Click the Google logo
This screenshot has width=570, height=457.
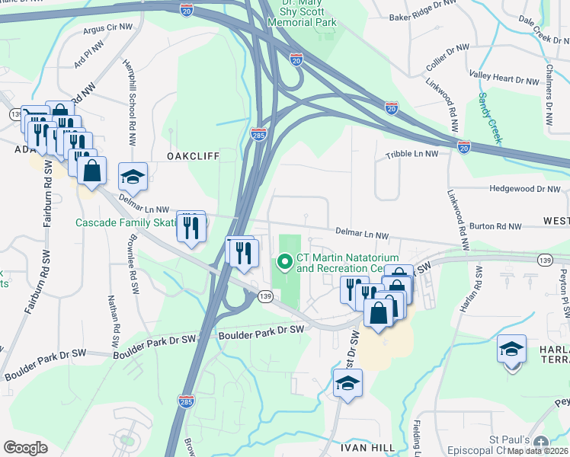(x=26, y=448)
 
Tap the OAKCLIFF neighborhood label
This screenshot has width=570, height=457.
(x=194, y=155)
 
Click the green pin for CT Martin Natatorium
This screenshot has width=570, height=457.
(x=285, y=263)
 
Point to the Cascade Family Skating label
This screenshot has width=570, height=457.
(x=125, y=223)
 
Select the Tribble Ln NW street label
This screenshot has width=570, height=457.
(x=411, y=153)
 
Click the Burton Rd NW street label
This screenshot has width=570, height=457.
(x=495, y=226)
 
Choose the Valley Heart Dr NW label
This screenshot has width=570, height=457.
(x=504, y=78)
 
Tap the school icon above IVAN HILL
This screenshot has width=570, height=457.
(x=347, y=384)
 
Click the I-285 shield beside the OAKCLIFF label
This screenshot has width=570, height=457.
(x=258, y=135)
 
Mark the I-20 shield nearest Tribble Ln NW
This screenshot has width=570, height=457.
(x=464, y=145)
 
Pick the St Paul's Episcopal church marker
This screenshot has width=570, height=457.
(x=541, y=443)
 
